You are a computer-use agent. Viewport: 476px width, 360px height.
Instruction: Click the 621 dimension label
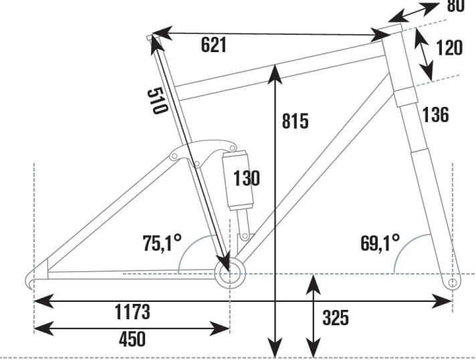click(x=214, y=45)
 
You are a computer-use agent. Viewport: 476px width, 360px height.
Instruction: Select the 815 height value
click(x=295, y=122)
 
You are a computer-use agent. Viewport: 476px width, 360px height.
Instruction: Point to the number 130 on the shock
click(x=246, y=178)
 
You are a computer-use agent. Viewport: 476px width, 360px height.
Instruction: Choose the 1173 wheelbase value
click(x=132, y=311)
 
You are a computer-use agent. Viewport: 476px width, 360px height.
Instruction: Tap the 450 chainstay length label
click(x=132, y=339)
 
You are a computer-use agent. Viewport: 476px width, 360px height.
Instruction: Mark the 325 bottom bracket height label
click(x=336, y=318)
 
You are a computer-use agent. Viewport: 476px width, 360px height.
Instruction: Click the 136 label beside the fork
click(x=435, y=115)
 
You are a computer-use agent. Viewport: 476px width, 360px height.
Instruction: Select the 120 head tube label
click(x=449, y=48)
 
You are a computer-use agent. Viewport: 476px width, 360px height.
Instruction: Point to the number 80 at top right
click(x=455, y=7)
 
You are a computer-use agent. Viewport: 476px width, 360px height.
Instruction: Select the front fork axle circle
click(x=452, y=282)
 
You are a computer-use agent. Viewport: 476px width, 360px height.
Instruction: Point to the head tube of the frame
click(x=400, y=63)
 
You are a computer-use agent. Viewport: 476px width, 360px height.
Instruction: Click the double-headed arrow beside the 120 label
click(x=423, y=53)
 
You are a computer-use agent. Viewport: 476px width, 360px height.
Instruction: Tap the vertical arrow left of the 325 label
click(x=312, y=318)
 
